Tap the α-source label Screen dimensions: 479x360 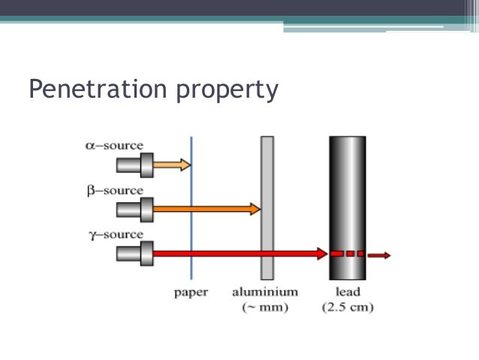coord(113,145)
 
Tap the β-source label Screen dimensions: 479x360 coord(113,190)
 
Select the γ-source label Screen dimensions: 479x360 coord(113,234)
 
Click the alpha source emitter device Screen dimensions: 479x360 coord(136,164)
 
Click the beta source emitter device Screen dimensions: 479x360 coord(136,208)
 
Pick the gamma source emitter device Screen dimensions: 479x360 coord(136,253)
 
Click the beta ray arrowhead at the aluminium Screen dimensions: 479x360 coord(255,208)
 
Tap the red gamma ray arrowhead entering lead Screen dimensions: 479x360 coord(323,254)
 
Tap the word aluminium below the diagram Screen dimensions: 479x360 coord(265,292)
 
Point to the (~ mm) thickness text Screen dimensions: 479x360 coord(265,307)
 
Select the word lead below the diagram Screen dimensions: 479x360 coord(348,292)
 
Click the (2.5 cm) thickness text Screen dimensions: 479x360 coord(348,307)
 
